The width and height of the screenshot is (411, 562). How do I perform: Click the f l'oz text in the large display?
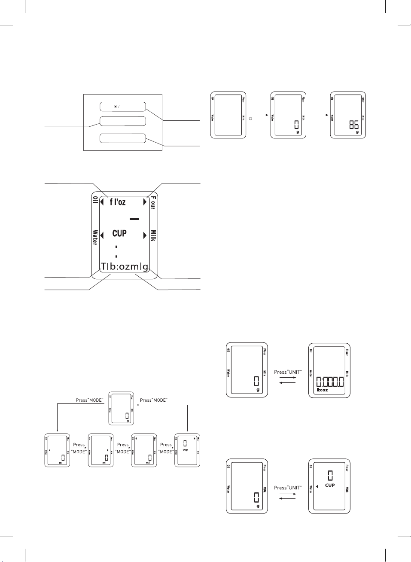pos(118,202)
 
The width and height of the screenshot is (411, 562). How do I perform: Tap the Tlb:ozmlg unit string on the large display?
pos(125,266)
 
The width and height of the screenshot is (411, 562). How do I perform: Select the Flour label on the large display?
pos(153,203)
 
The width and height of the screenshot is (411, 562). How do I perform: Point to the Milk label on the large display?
pos(153,235)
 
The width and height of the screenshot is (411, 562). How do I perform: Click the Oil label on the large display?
pos(95,200)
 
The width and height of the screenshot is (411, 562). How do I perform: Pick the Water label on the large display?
pos(95,237)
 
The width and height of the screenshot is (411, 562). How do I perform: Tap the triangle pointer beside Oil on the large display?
pos(102,202)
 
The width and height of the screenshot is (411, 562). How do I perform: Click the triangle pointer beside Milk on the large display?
pos(145,235)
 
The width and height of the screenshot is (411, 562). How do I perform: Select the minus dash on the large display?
pos(134,219)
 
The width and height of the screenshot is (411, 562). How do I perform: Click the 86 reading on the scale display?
pos(354,125)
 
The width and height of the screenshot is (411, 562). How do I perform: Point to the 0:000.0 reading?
pos(330,382)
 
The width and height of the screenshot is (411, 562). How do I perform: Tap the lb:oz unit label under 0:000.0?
pos(322,390)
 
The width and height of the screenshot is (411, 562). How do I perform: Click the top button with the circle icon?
pos(123,107)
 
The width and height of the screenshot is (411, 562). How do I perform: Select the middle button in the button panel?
pos(123,121)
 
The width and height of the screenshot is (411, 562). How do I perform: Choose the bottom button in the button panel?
pos(123,138)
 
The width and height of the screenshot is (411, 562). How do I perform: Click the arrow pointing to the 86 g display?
pos(318,115)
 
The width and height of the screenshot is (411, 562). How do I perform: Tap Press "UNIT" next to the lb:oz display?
pos(288,372)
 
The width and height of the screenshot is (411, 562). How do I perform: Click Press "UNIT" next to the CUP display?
pos(288,488)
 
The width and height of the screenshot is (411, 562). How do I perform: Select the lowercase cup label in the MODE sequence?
pos(185,450)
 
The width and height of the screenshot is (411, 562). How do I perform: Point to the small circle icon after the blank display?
pos(251,117)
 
